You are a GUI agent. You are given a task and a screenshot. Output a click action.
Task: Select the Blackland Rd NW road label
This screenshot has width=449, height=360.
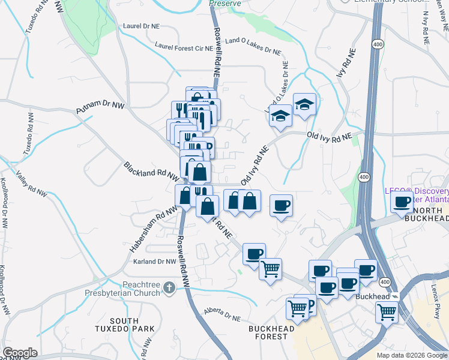[x=151, y=170]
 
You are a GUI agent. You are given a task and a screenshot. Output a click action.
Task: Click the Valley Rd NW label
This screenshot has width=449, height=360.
[x=31, y=183]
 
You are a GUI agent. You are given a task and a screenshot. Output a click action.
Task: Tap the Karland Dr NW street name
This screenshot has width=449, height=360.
[x=155, y=262]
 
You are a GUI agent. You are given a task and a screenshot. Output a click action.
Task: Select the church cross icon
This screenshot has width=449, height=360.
[x=170, y=289]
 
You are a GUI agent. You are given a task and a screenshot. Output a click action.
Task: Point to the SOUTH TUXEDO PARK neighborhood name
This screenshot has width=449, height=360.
[x=124, y=325]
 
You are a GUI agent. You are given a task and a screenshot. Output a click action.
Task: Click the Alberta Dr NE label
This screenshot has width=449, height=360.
[x=221, y=312]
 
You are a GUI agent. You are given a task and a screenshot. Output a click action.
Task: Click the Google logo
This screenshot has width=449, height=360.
[x=20, y=353]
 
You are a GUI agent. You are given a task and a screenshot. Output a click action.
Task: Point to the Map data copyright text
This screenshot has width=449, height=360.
[x=412, y=355]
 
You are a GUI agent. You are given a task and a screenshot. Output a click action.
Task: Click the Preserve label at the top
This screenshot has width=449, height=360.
[x=225, y=3]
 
